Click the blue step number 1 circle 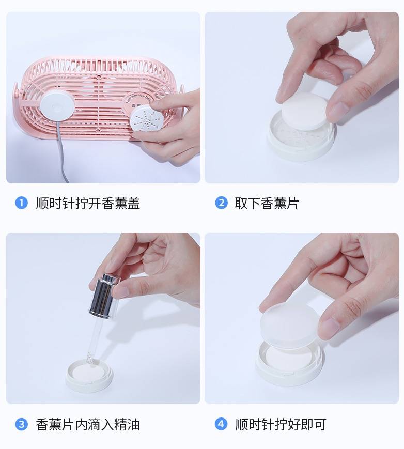click(x=21, y=203)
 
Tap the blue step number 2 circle click(x=221, y=203)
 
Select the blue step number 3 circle click(x=21, y=425)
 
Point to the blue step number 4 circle click(x=221, y=425)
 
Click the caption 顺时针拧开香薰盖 click(x=88, y=203)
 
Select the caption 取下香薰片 click(x=267, y=203)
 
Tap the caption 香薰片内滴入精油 click(x=88, y=425)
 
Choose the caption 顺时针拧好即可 click(x=281, y=425)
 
